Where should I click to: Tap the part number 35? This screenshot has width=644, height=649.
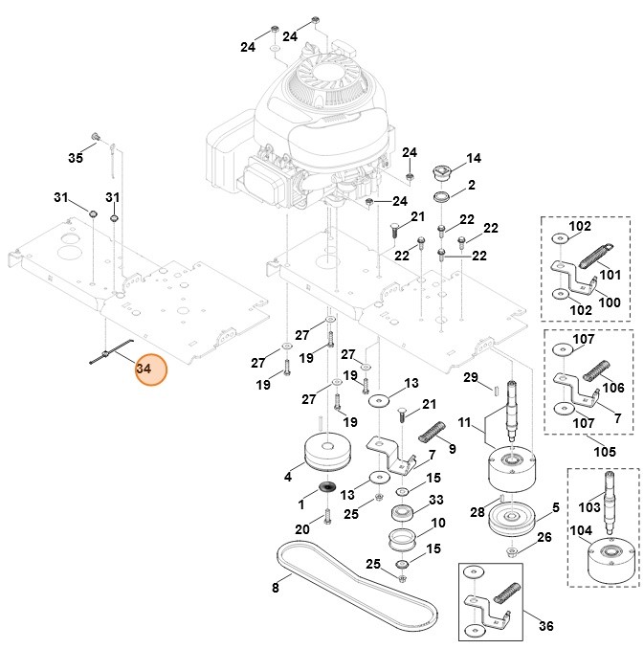(x=76, y=157)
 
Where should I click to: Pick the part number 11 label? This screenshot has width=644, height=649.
(x=463, y=422)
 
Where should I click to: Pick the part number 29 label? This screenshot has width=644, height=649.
(x=470, y=377)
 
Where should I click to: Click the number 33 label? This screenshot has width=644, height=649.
(x=435, y=500)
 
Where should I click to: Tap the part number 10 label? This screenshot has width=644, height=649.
(x=439, y=523)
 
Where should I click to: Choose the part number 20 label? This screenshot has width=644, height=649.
(x=301, y=529)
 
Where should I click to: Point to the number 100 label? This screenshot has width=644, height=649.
(x=609, y=302)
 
